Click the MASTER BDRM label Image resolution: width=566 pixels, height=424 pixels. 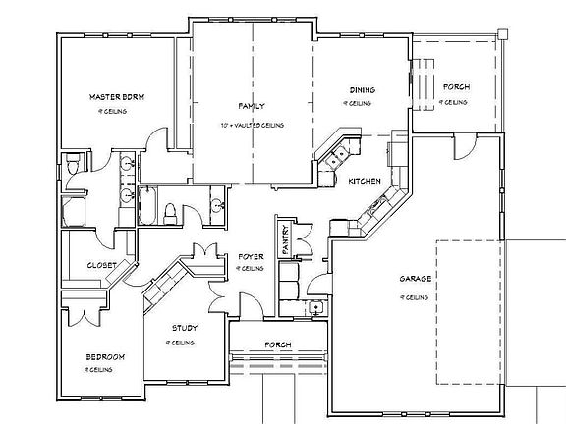pyautogui.click(x=117, y=97)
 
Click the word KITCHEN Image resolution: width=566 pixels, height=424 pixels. pyautogui.click(x=365, y=181)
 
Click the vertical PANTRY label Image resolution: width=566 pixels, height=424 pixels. pyautogui.click(x=285, y=240)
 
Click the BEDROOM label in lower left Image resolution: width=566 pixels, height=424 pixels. pyautogui.click(x=104, y=357)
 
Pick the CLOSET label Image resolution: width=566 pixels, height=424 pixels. pyautogui.click(x=101, y=265)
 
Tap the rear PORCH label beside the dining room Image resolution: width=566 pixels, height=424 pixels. pyautogui.click(x=454, y=88)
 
